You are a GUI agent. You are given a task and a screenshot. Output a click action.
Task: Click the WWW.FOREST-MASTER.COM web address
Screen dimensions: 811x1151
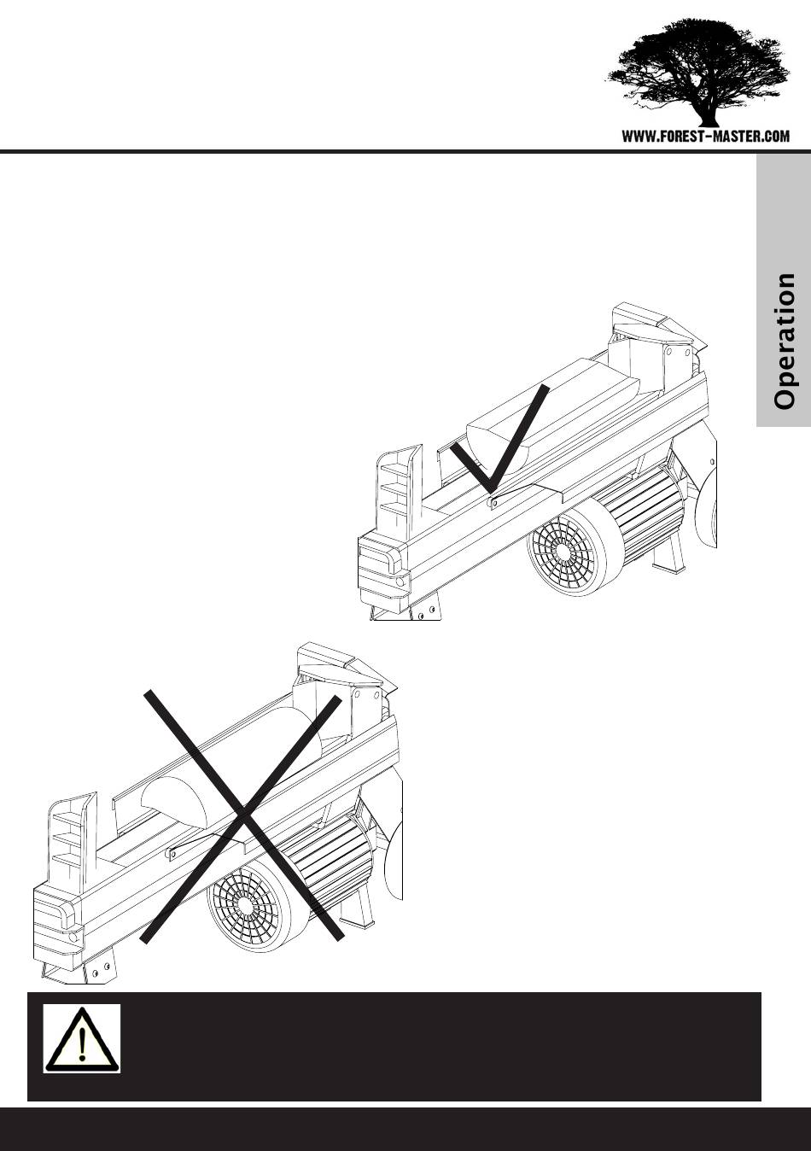706,137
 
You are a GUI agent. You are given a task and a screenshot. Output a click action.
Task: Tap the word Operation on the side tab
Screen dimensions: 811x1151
785,342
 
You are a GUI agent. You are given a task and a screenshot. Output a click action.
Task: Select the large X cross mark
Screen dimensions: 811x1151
242,816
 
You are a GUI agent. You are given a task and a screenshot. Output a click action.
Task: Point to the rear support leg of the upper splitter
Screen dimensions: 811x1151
668,556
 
